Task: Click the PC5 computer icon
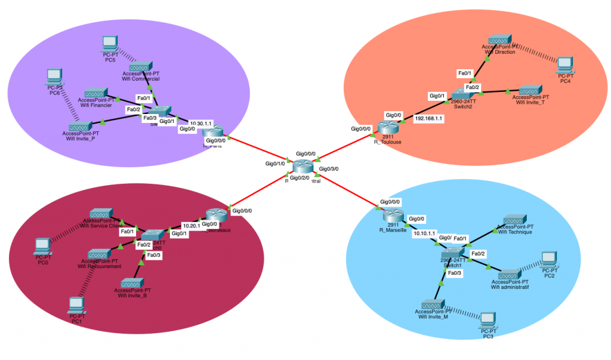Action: pos(109,43)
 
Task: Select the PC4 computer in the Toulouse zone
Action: pos(564,64)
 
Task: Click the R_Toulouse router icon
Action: pos(388,127)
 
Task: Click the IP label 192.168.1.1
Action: pos(428,119)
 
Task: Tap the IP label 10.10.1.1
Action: pos(425,233)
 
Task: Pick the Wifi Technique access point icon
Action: pos(514,220)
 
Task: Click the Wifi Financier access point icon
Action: pos(95,94)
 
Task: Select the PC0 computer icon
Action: pos(42,245)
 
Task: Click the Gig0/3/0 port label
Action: pos(329,169)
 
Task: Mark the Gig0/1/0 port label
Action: pos(276,163)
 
